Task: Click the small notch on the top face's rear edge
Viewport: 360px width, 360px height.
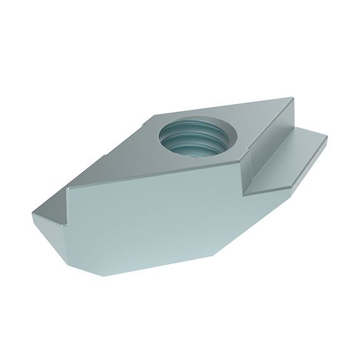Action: (155, 116)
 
